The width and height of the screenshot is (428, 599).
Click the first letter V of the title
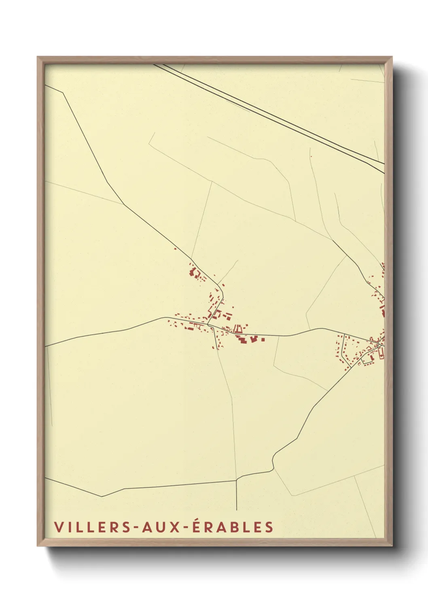[x=58, y=527]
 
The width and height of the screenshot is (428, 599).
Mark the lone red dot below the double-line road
[x=311, y=156]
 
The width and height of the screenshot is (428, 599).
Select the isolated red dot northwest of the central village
[x=175, y=249]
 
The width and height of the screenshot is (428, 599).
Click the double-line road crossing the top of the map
[x=267, y=113]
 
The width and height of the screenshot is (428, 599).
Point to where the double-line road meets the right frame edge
[x=384, y=167]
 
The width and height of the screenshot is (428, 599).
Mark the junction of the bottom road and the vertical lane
[x=236, y=480]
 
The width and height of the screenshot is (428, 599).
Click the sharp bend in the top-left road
[x=63, y=93]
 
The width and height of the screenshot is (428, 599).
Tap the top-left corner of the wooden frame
[x=38, y=57]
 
